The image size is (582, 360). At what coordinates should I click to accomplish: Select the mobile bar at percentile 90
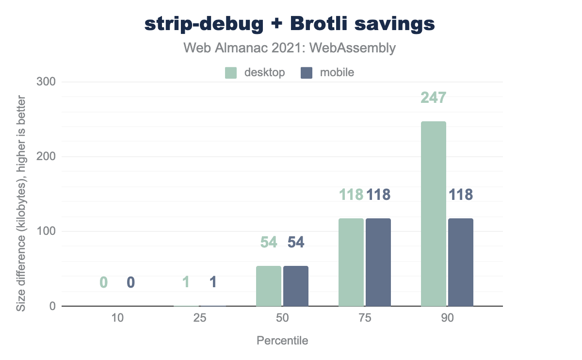pyautogui.click(x=461, y=262)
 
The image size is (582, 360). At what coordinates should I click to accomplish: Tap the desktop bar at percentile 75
pyautogui.click(x=351, y=262)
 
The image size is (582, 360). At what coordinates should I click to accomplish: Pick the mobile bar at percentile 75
pyautogui.click(x=378, y=262)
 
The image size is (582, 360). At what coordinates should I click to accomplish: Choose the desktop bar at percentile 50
pyautogui.click(x=268, y=286)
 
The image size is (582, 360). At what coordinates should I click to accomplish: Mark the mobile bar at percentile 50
pyautogui.click(x=296, y=286)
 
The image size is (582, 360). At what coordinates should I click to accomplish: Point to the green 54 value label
pyautogui.click(x=268, y=242)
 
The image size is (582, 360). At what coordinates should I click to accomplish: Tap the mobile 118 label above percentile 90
pyautogui.click(x=461, y=195)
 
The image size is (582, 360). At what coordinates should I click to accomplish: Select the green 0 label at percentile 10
pyautogui.click(x=103, y=282)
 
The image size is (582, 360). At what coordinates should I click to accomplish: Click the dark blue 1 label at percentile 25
pyautogui.click(x=213, y=282)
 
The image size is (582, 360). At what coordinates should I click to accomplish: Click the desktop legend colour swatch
pyautogui.click(x=231, y=73)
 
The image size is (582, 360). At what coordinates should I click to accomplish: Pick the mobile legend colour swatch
pyautogui.click(x=307, y=73)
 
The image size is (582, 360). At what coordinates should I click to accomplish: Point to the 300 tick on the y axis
pyautogui.click(x=47, y=82)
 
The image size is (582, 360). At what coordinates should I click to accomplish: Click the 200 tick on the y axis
pyautogui.click(x=47, y=157)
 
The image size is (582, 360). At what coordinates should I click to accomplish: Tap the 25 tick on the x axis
pyautogui.click(x=200, y=319)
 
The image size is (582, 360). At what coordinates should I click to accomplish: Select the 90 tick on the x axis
pyautogui.click(x=447, y=319)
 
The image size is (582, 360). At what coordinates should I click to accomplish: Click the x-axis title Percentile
pyautogui.click(x=282, y=341)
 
